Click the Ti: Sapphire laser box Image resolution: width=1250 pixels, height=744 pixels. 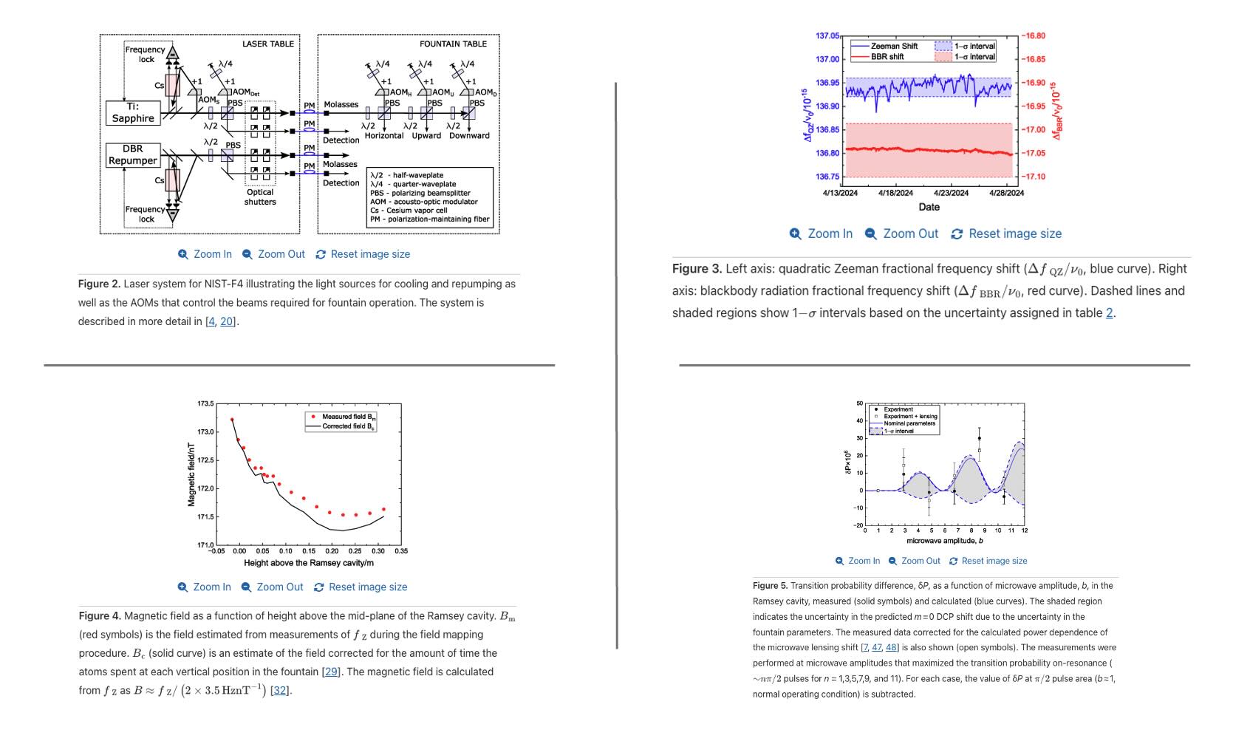(133, 112)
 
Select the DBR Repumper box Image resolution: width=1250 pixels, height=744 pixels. (133, 154)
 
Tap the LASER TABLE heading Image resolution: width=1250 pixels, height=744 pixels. (267, 44)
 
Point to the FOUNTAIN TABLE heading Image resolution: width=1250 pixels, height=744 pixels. (454, 44)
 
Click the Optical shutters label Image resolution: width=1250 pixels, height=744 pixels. (260, 197)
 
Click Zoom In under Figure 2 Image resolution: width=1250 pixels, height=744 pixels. (205, 254)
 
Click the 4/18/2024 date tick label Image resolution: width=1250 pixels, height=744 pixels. (895, 193)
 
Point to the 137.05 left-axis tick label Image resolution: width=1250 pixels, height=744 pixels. (827, 36)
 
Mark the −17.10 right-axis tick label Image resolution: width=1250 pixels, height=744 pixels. (1034, 177)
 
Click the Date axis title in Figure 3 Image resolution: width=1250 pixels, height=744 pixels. (929, 207)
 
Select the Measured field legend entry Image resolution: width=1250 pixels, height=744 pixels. (348, 417)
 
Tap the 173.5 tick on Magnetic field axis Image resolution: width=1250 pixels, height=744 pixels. (205, 404)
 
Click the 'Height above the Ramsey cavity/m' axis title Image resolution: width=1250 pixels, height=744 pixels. (309, 563)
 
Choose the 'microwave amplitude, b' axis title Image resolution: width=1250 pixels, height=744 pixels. (944, 541)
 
